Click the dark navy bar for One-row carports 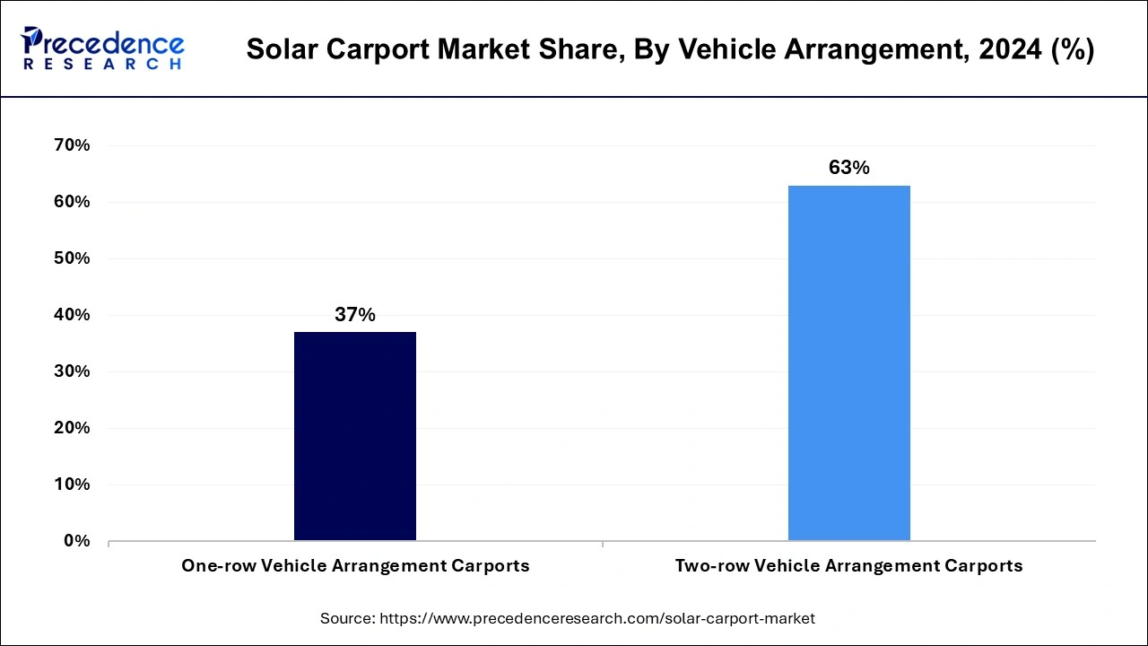point(355,436)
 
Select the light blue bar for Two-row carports point(848,362)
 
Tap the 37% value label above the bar point(355,315)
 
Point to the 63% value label point(848,168)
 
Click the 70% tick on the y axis point(72,145)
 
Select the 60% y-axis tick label point(72,202)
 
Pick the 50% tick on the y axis point(72,258)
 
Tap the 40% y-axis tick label point(72,315)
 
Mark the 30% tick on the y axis point(72,371)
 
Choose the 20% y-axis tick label point(72,428)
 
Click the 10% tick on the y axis point(72,484)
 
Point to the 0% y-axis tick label point(76,541)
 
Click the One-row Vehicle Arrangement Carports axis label point(355,566)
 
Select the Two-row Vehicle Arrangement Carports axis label point(848,566)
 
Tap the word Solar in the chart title point(276,50)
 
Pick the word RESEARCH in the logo point(102,65)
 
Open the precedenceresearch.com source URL point(597,618)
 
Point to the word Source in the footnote point(347,618)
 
